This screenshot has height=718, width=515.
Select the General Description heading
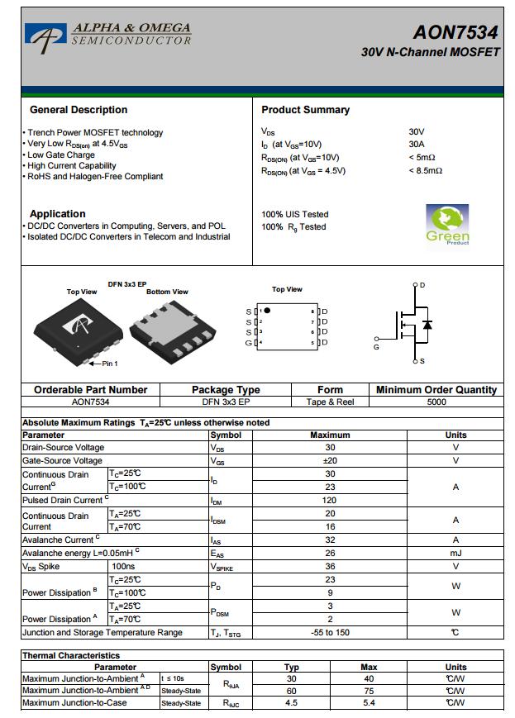click(x=79, y=110)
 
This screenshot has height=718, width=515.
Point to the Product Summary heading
click(x=305, y=110)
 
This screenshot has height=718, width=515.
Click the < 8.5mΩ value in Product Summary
click(x=425, y=171)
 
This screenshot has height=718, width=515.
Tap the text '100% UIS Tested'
click(x=294, y=214)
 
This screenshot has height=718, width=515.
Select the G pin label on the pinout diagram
click(x=248, y=343)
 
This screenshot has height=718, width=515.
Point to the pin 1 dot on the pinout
click(x=267, y=311)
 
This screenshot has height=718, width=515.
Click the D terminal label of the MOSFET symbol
click(x=422, y=285)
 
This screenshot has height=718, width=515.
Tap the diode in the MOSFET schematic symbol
click(x=427, y=324)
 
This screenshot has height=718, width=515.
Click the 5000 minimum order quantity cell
click(x=436, y=402)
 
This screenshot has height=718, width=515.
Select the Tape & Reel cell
click(x=330, y=402)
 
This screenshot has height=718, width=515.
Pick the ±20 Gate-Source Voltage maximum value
click(x=330, y=461)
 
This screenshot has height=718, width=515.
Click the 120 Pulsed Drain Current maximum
click(x=330, y=501)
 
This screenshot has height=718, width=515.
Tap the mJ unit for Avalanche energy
click(x=455, y=554)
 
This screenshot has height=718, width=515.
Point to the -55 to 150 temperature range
click(x=330, y=633)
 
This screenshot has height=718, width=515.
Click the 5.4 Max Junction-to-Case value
click(x=369, y=703)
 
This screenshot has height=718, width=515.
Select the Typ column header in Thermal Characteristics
click(x=292, y=667)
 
